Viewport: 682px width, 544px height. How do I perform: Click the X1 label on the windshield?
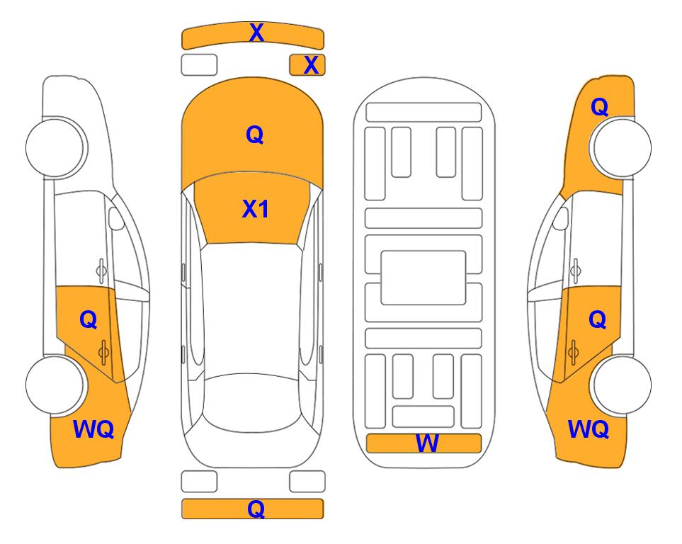coord(256,209)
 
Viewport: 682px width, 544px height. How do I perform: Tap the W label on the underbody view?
coord(427,443)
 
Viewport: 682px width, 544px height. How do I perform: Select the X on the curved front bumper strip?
coord(256,33)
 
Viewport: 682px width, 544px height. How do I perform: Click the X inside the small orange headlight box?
coord(311,65)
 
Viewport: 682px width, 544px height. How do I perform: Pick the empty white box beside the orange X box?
coord(199,65)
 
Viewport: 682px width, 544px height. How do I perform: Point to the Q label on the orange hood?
coord(255,135)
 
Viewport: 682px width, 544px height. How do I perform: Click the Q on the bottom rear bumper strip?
coord(256,509)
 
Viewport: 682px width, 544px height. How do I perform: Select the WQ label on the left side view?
coord(93,429)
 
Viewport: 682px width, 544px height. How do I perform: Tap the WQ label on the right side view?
coord(589,429)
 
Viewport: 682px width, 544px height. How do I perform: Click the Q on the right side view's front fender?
coord(599,107)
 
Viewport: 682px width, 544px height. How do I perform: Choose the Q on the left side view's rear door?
coord(89,320)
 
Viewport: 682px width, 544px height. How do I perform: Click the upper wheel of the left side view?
coord(55,147)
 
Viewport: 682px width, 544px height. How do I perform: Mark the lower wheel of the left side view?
coord(55,385)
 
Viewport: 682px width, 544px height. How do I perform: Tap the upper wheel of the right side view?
coord(622,147)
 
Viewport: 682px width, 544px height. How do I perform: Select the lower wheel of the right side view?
coord(622,385)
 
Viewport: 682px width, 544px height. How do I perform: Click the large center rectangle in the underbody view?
coord(424,278)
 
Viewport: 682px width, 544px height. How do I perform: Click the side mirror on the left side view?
coord(115,218)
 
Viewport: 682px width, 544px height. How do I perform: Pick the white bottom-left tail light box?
coord(199,482)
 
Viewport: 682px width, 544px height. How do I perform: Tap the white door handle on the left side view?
coord(101,271)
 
